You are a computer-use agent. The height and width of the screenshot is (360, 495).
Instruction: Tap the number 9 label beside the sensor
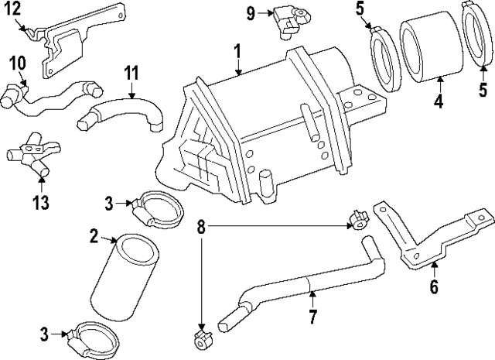(x=251, y=12)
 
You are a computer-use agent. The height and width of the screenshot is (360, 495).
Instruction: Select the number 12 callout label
(x=14, y=9)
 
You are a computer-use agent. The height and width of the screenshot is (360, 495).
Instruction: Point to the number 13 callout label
(x=41, y=203)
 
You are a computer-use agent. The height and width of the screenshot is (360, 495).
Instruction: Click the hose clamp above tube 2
(x=155, y=207)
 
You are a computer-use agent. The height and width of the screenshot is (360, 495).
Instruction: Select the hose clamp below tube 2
(x=97, y=337)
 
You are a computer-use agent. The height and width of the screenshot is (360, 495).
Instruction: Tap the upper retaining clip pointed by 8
(x=358, y=220)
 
